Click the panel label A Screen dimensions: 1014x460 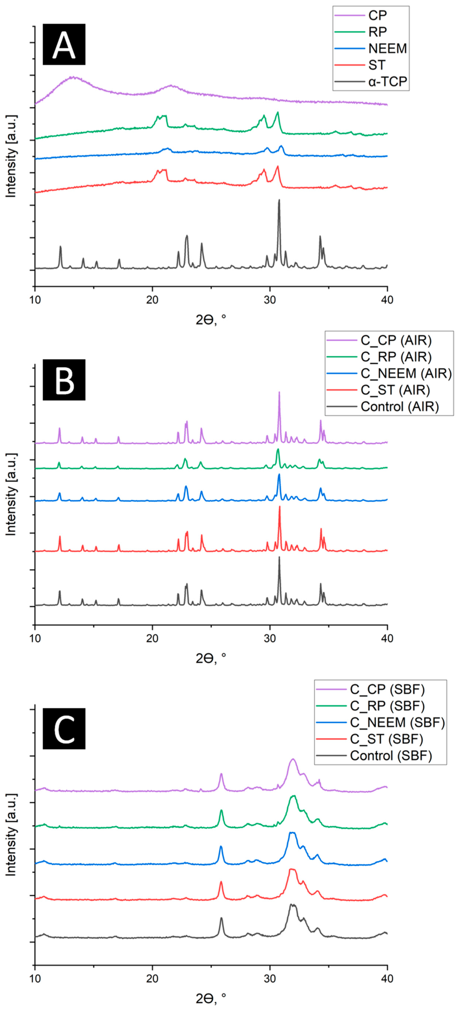(x=64, y=44)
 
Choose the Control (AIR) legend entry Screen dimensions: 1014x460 (x=399, y=406)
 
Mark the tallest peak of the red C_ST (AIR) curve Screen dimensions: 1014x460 (x=279, y=507)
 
